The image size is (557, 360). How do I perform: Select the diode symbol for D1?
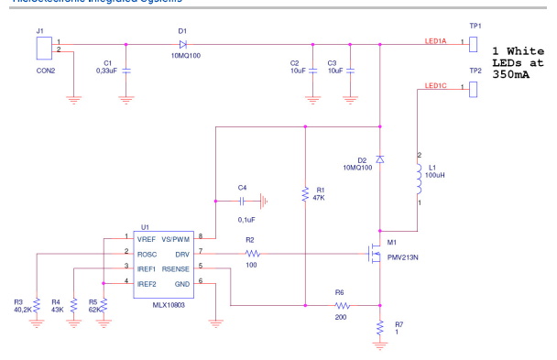182,42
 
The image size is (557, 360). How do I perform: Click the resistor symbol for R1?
305,195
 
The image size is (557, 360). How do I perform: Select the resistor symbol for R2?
252,253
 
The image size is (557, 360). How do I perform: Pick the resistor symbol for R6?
343,305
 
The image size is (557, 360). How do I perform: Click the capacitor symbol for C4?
244,200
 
